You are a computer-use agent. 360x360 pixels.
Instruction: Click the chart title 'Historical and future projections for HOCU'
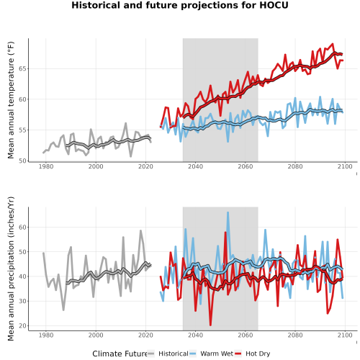coord(180,5)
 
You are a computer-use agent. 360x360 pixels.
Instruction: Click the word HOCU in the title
coord(274,5)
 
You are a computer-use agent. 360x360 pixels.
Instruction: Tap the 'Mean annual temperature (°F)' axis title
coord(11,100)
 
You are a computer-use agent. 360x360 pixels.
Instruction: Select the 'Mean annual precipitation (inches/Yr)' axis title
coord(11,269)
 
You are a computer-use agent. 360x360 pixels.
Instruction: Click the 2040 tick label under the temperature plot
coord(195,166)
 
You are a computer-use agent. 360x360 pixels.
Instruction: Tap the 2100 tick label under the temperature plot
coord(345,166)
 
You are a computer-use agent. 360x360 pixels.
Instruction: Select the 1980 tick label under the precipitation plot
coord(46,335)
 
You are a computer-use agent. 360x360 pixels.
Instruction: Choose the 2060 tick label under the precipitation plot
coord(246,335)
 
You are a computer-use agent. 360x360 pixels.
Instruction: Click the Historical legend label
coord(174,354)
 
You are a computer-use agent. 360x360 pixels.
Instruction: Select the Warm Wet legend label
coord(217,354)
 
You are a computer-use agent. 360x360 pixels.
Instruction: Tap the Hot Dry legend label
coord(258,354)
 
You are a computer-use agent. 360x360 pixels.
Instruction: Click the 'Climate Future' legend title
coord(120,354)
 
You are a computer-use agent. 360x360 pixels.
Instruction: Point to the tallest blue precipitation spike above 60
coord(228,212)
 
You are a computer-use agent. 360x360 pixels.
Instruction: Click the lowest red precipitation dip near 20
coord(210,325)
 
